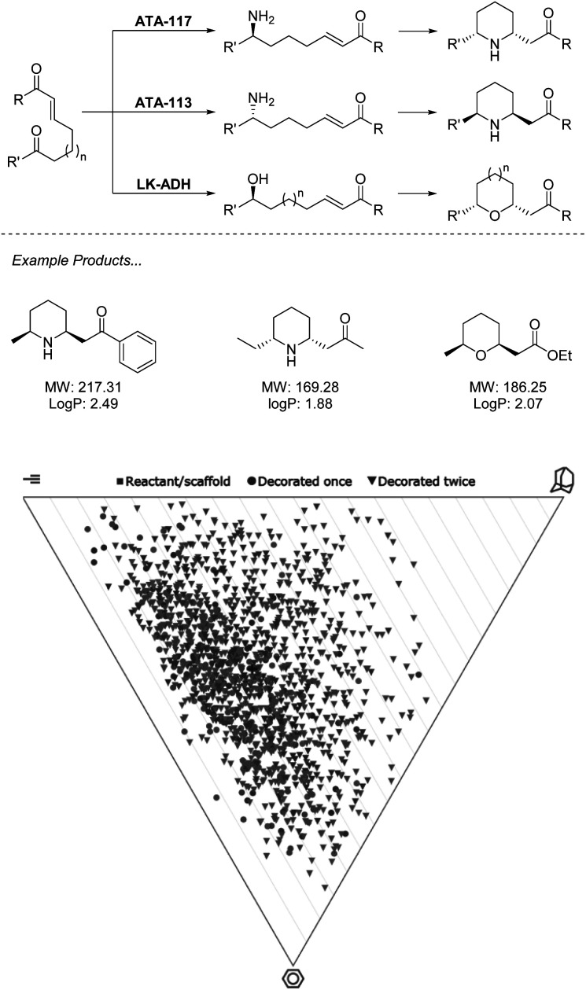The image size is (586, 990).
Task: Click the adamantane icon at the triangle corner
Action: (x=563, y=477)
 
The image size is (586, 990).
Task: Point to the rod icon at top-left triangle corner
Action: (x=32, y=478)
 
